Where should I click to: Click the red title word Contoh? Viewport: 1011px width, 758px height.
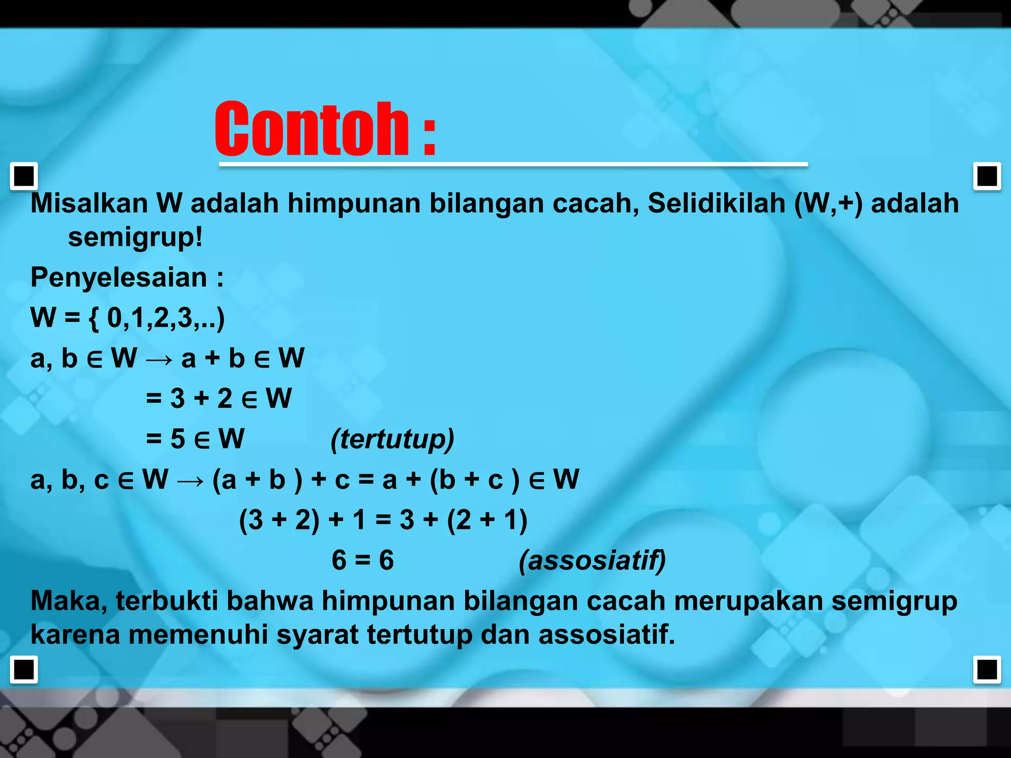pyautogui.click(x=312, y=129)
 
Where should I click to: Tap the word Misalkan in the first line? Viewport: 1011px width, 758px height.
pyautogui.click(x=89, y=203)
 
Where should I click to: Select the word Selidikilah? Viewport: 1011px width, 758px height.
pyautogui.click(x=716, y=203)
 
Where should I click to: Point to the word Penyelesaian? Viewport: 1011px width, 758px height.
pyautogui.click(x=118, y=277)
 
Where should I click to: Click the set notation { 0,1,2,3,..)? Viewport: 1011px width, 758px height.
pyautogui.click(x=157, y=318)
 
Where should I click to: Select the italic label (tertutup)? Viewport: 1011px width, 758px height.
pyautogui.click(x=392, y=439)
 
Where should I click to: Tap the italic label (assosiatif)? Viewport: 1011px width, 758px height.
pyautogui.click(x=592, y=561)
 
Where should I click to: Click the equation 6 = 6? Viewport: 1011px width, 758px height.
pyautogui.click(x=362, y=561)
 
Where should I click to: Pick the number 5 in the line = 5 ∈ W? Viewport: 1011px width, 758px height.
pyautogui.click(x=178, y=439)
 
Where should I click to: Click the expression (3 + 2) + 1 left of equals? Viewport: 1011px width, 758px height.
pyautogui.click(x=301, y=520)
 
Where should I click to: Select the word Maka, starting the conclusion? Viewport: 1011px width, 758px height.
pyautogui.click(x=69, y=602)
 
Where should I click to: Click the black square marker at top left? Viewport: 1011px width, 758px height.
pyautogui.click(x=24, y=176)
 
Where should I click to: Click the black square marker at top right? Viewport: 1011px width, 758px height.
pyautogui.click(x=987, y=176)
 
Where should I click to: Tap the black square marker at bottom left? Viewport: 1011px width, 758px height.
pyautogui.click(x=24, y=670)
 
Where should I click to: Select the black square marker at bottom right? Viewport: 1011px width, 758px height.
pyautogui.click(x=987, y=670)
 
